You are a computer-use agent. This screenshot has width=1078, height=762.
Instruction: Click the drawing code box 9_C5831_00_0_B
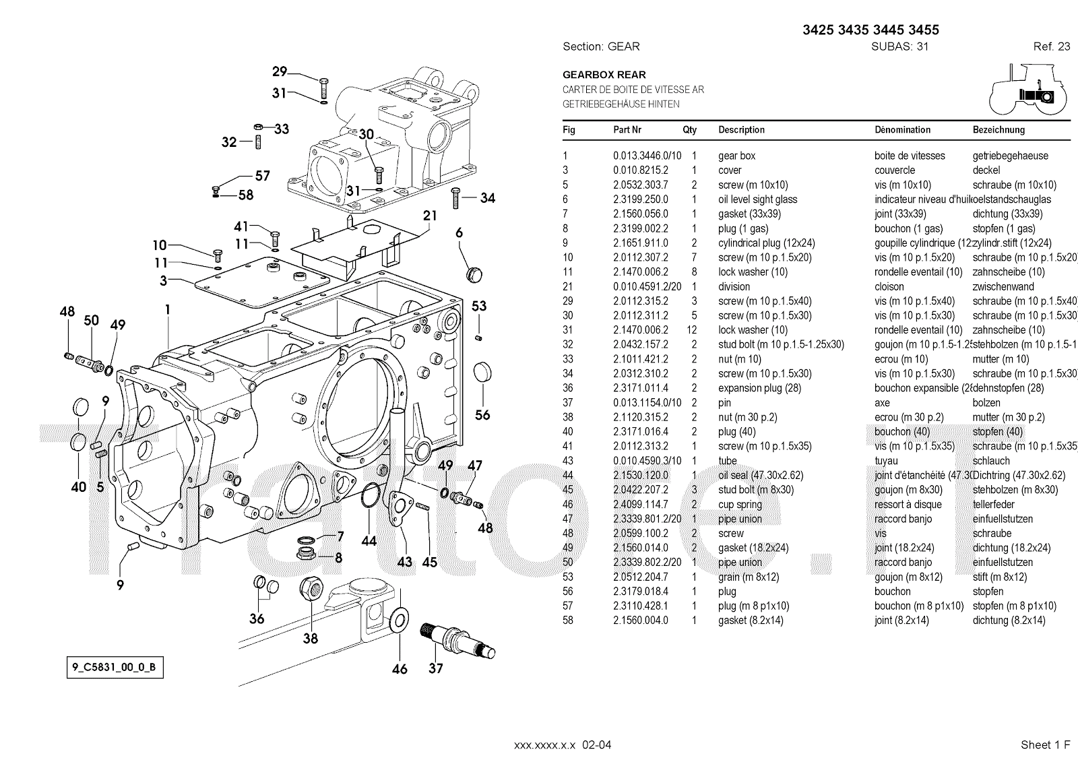pos(115,668)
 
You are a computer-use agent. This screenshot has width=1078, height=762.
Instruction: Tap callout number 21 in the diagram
pos(430,216)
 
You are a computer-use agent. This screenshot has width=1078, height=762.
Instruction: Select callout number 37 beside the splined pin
pos(436,668)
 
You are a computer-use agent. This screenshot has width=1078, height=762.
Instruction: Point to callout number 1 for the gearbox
pos(167,310)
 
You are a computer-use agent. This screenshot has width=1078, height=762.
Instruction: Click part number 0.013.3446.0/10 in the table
pos(647,156)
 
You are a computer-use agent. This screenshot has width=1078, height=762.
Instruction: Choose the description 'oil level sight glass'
pos(757,199)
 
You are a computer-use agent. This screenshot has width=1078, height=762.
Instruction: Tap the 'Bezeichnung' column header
pos(998,130)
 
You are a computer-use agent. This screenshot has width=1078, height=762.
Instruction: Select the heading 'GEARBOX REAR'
pos(604,75)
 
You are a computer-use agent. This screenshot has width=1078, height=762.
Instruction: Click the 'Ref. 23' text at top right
pos(1051,46)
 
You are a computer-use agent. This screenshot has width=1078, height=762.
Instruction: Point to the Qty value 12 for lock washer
pos(693,330)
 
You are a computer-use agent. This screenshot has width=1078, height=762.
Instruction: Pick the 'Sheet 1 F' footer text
pos(1045,744)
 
